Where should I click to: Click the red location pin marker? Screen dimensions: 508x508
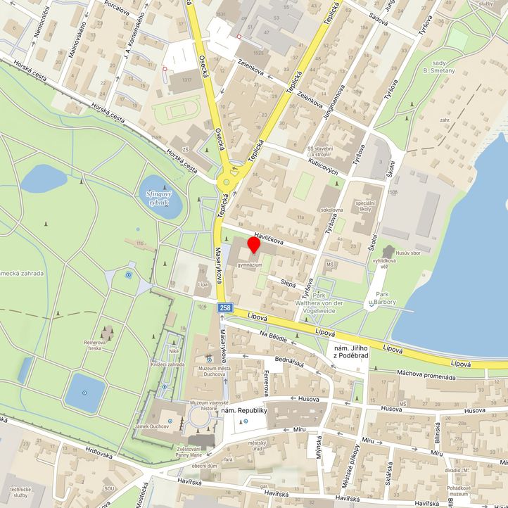pyautogui.click(x=253, y=248)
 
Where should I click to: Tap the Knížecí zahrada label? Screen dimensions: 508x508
pyautogui.click(x=167, y=364)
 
